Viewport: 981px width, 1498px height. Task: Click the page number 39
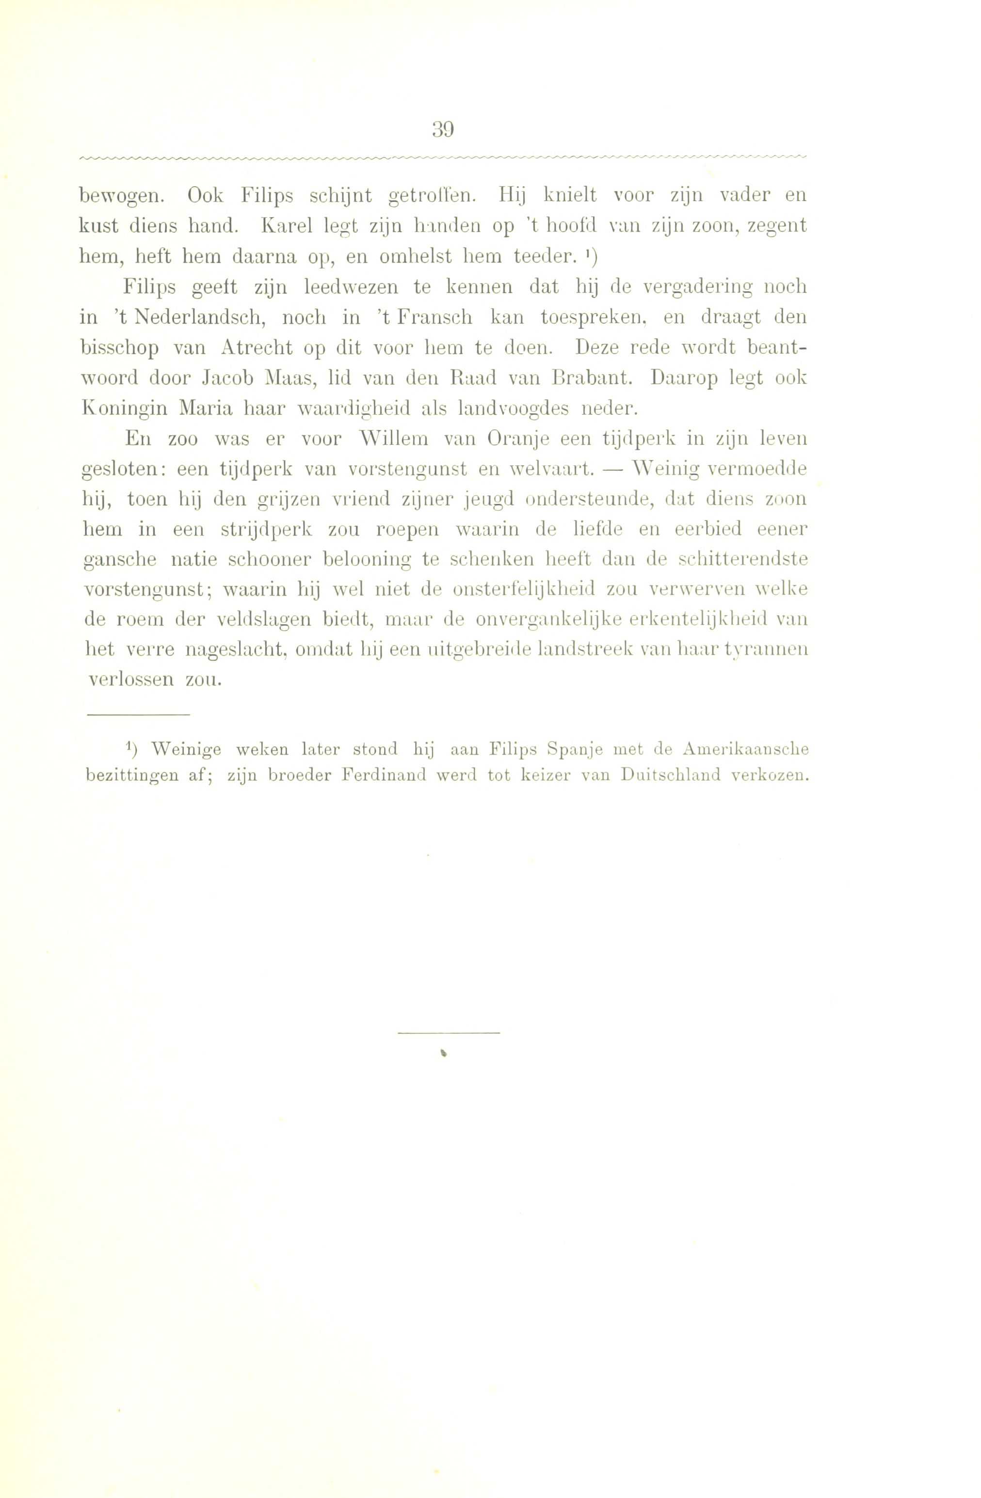coord(443,130)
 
